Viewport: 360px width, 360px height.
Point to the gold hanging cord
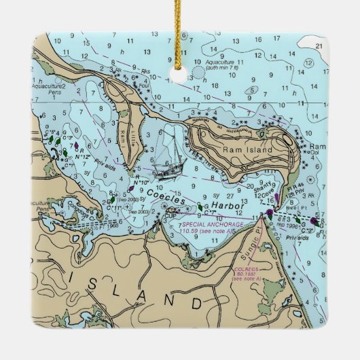pyautogui.click(x=180, y=27)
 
